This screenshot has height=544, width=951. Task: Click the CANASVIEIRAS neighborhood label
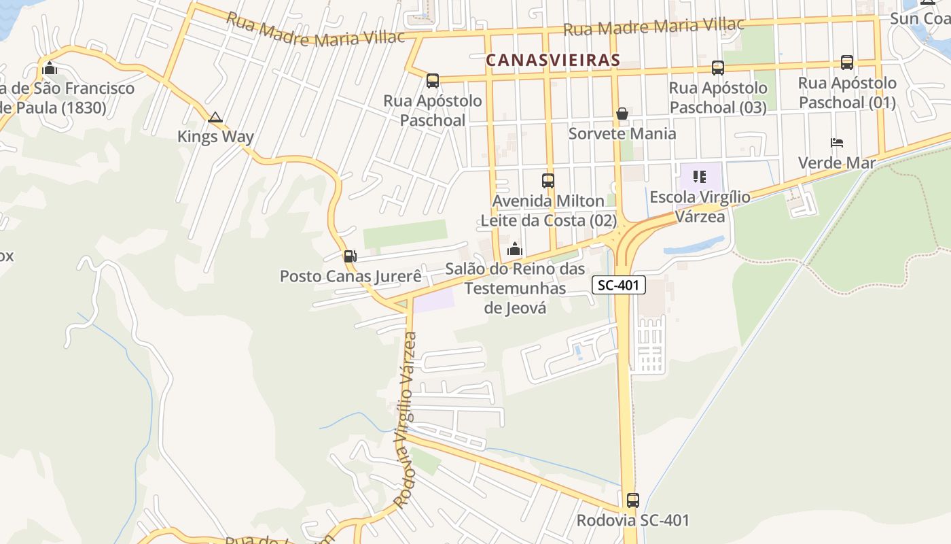pyautogui.click(x=553, y=60)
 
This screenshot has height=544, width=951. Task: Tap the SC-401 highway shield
pyautogui.click(x=618, y=285)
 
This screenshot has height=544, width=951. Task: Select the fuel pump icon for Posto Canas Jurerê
pyautogui.click(x=350, y=256)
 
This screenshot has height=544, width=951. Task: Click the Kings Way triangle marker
pyautogui.click(x=215, y=118)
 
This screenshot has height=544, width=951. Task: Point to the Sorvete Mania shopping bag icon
pyautogui.click(x=622, y=114)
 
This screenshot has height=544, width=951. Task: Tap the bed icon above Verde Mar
pyautogui.click(x=837, y=143)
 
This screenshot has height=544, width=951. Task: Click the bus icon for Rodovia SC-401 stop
pyautogui.click(x=632, y=500)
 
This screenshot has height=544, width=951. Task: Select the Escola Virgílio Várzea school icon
pyautogui.click(x=700, y=177)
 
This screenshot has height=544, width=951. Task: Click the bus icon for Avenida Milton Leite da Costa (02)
pyautogui.click(x=548, y=181)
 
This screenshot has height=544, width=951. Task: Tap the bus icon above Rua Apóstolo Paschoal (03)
pyautogui.click(x=718, y=68)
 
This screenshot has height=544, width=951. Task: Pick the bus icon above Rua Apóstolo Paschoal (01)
pyautogui.click(x=847, y=63)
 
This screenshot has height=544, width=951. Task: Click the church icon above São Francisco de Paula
pyautogui.click(x=49, y=68)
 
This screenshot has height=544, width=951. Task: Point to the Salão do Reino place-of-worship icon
pyautogui.click(x=514, y=250)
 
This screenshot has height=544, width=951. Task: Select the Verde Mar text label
pyautogui.click(x=837, y=163)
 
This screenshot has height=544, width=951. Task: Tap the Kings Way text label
pyautogui.click(x=215, y=137)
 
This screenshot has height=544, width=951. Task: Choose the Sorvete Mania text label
pyautogui.click(x=622, y=133)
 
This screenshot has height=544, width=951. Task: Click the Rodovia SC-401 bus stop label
pyautogui.click(x=632, y=520)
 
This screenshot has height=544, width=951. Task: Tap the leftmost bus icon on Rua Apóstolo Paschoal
pyautogui.click(x=433, y=81)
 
